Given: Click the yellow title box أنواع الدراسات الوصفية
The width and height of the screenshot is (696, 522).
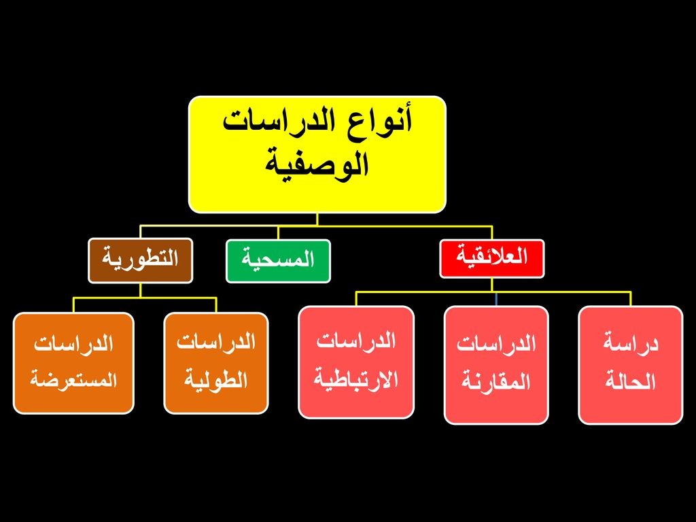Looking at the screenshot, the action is (317, 154).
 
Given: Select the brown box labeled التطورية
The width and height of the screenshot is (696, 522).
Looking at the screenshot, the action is (140, 260).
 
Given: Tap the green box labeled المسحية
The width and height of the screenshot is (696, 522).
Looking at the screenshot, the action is (278, 261).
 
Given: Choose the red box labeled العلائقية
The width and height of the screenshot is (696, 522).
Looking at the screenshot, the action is (492, 259).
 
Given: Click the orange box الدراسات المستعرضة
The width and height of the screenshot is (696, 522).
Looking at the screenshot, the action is (73, 363).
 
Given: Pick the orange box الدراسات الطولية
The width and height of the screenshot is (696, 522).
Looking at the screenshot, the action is (216, 363).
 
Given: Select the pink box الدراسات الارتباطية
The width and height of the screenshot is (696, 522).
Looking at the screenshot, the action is (356, 362).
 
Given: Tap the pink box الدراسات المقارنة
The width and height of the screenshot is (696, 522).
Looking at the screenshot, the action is (496, 365).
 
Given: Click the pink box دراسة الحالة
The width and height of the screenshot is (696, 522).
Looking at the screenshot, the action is (631, 365).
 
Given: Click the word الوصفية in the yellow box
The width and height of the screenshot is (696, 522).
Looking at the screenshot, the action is (317, 164).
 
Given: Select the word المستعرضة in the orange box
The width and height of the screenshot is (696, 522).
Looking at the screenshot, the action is (73, 381).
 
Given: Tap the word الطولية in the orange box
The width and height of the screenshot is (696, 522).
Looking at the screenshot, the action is (216, 381).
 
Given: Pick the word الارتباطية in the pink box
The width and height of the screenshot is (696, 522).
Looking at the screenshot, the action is (356, 379).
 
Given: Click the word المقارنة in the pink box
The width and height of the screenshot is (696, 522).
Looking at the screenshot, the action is (496, 382).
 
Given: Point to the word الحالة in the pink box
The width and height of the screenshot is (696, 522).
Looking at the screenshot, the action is (631, 382).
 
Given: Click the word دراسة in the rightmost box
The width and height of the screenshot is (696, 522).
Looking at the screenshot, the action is (631, 345).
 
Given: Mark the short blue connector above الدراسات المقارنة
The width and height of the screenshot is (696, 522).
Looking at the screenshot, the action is (496, 299).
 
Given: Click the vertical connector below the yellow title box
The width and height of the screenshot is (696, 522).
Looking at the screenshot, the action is (317, 220).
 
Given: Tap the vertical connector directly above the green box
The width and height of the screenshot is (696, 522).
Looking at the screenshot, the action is (278, 232).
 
